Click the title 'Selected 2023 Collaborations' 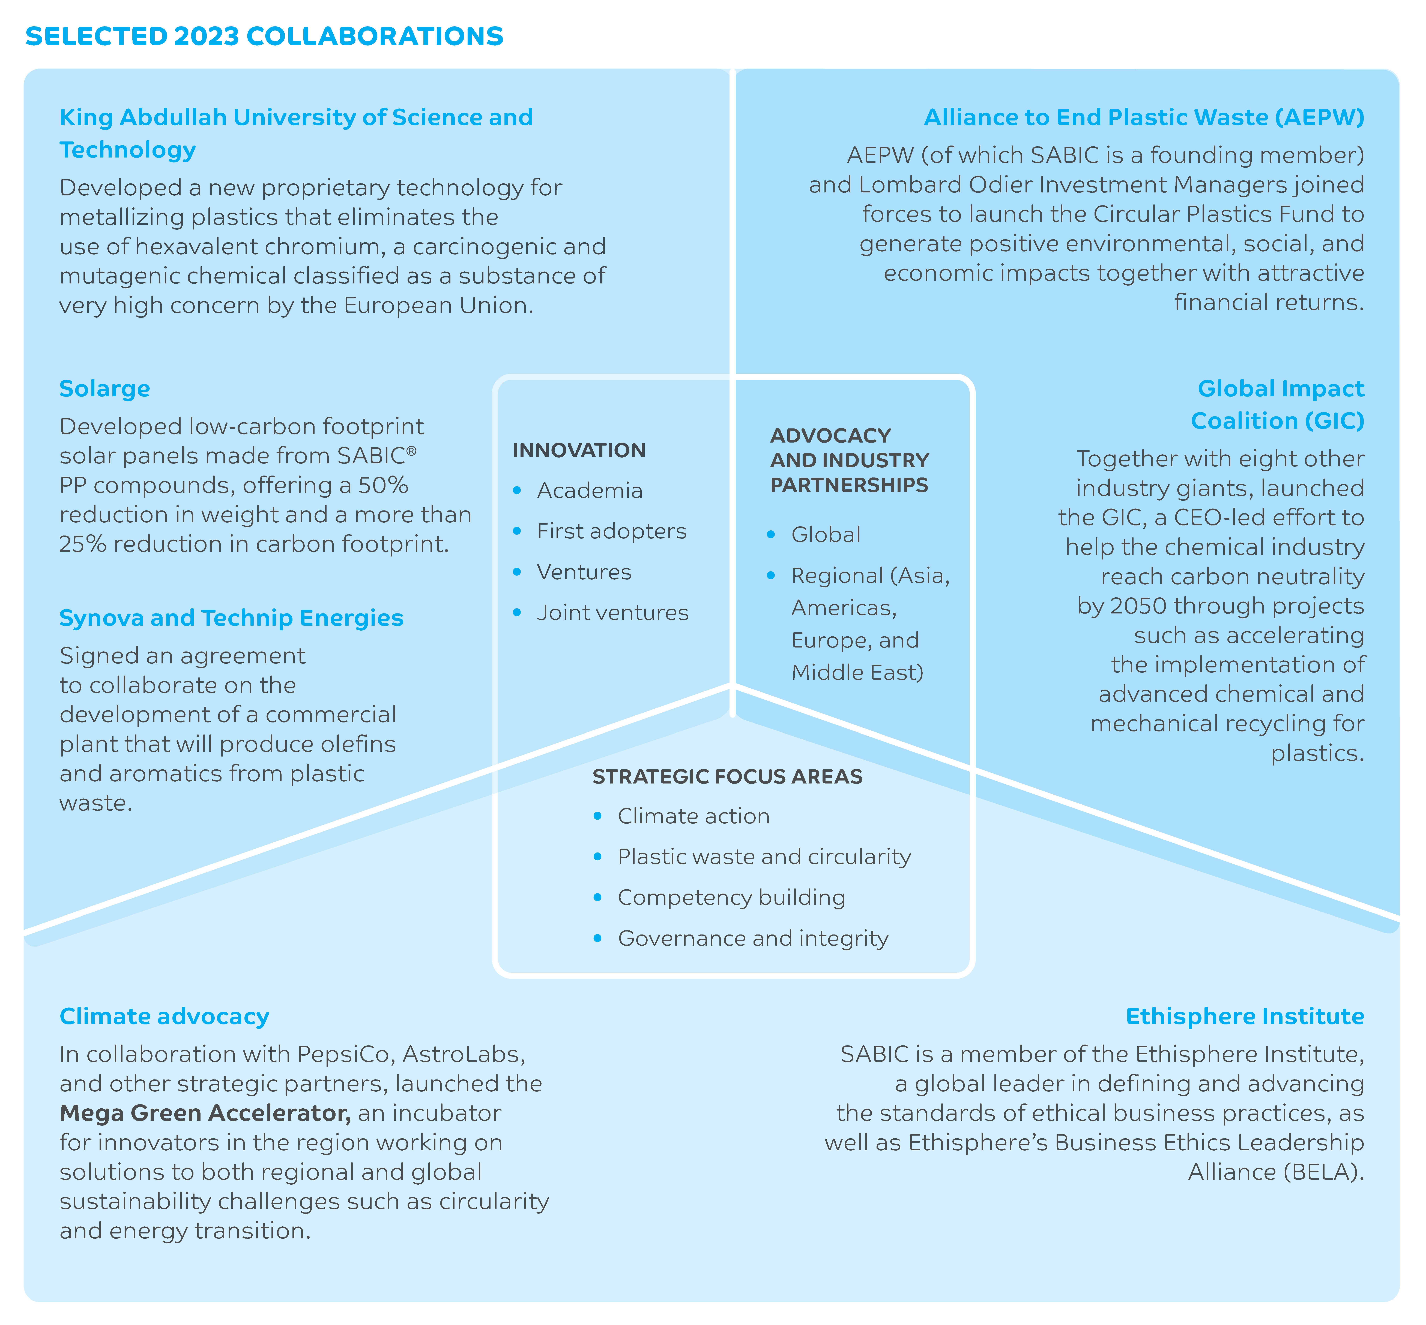point(264,36)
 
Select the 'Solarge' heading point(105,389)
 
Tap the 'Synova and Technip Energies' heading point(231,618)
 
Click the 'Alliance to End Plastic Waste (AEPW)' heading point(1143,117)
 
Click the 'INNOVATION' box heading point(579,450)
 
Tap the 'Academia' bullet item point(590,490)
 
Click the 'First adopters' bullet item point(611,531)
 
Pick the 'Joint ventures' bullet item point(613,613)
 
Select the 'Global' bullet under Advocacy point(826,535)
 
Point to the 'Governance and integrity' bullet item point(752,939)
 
